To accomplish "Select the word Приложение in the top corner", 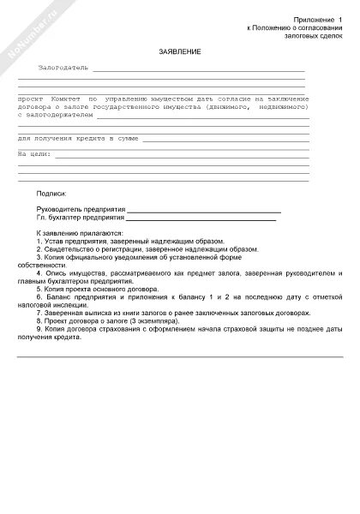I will coord(313,18).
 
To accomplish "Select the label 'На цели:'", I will coord(33,153).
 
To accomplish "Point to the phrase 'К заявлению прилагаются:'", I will coord(81,233).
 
